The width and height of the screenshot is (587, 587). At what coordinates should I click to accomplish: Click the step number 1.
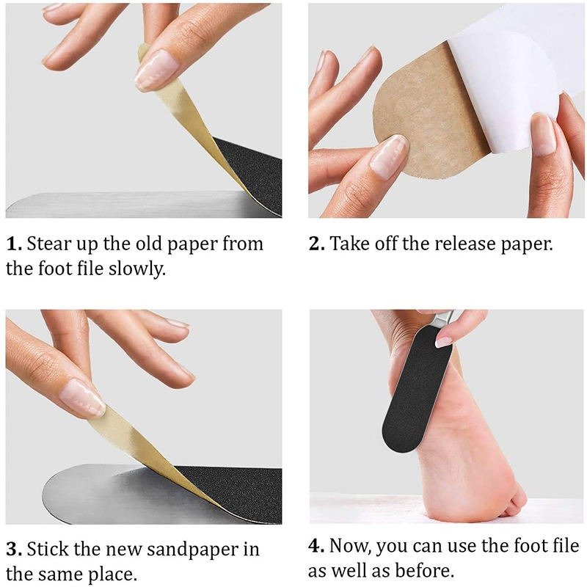click(x=14, y=244)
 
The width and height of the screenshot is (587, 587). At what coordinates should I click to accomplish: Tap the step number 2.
click(x=317, y=244)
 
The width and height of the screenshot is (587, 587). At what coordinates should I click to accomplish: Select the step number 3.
click(x=14, y=550)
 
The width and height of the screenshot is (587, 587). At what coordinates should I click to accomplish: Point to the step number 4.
click(x=317, y=546)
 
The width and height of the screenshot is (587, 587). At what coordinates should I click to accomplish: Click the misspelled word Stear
click(x=48, y=244)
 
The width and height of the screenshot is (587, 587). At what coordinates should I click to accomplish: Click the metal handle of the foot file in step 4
click(x=442, y=319)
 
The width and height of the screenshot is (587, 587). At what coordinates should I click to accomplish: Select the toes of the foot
click(x=514, y=501)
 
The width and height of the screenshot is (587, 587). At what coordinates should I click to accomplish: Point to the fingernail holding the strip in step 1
click(x=156, y=70)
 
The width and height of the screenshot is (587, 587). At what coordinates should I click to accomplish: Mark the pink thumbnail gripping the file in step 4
click(x=443, y=342)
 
